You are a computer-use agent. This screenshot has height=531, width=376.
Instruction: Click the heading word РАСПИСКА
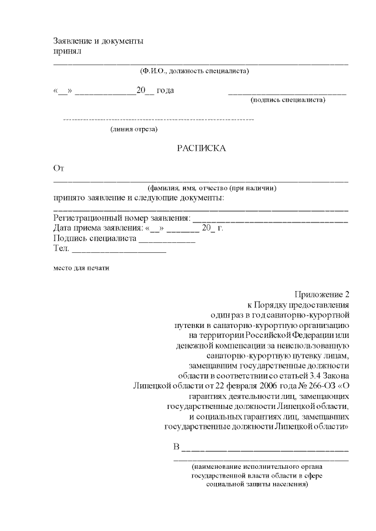[202, 148]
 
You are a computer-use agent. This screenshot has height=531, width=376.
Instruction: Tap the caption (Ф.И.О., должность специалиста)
[194, 71]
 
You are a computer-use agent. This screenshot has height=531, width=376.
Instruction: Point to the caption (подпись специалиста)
[288, 100]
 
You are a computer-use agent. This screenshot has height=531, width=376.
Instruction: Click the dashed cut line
[158, 120]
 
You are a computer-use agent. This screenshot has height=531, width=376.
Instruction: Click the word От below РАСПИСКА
[58, 168]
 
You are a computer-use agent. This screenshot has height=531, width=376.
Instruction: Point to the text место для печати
[81, 268]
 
